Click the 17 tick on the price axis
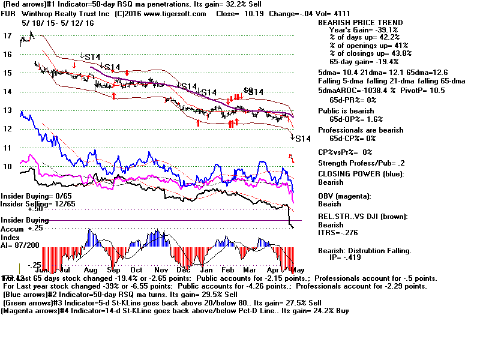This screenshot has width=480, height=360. (7, 36)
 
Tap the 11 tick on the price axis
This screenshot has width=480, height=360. (7, 148)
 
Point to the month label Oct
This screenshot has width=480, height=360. (136, 270)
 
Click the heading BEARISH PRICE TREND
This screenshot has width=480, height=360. (359, 23)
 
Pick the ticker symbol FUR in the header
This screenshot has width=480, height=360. (10, 13)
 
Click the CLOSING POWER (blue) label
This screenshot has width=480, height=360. (361, 175)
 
